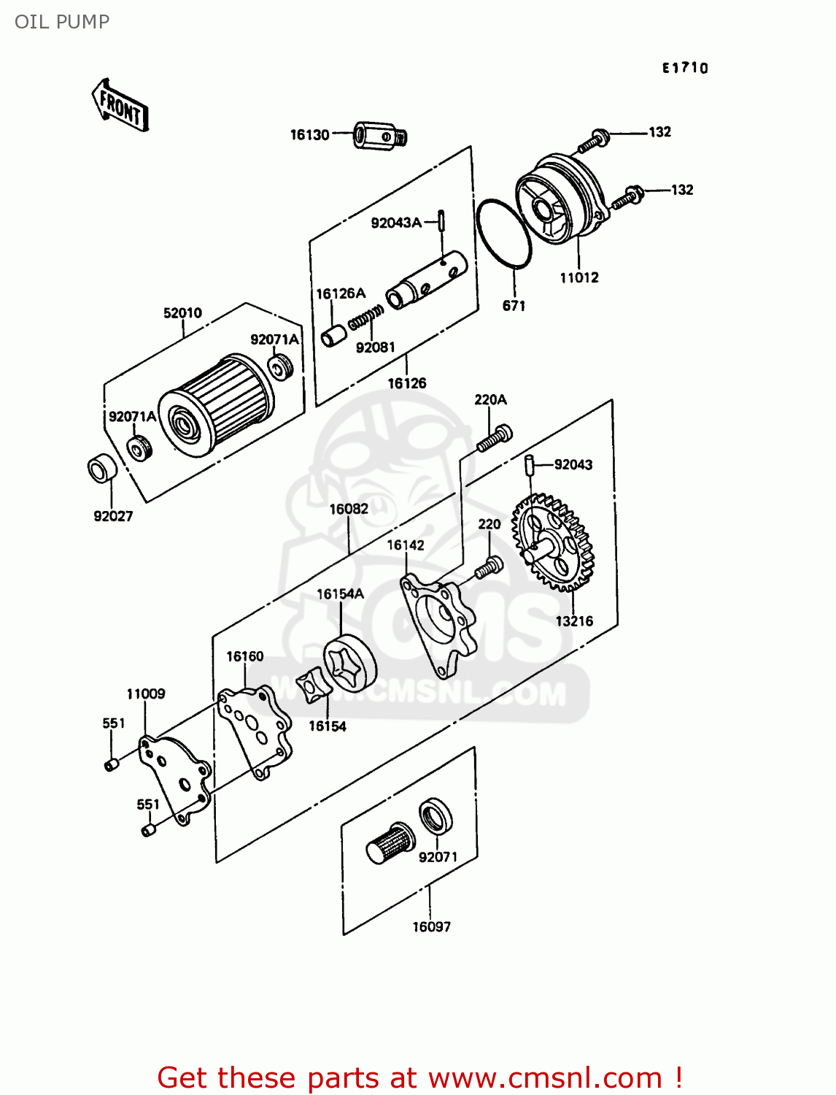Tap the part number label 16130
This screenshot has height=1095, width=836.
coord(309,135)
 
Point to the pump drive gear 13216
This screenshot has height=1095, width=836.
coord(554,542)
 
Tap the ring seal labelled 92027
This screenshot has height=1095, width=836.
coord(101,469)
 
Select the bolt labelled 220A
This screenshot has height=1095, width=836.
coord(494,437)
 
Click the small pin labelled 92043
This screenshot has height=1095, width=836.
coord(531,464)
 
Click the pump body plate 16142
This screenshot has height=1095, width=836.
coord(438,624)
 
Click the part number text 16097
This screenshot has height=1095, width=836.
coord(431,927)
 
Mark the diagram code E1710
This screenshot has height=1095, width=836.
coord(685,68)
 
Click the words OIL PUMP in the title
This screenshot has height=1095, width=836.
coord(62,22)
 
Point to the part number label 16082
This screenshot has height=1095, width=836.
coord(349,509)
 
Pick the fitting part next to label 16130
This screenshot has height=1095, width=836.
coord(379,136)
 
